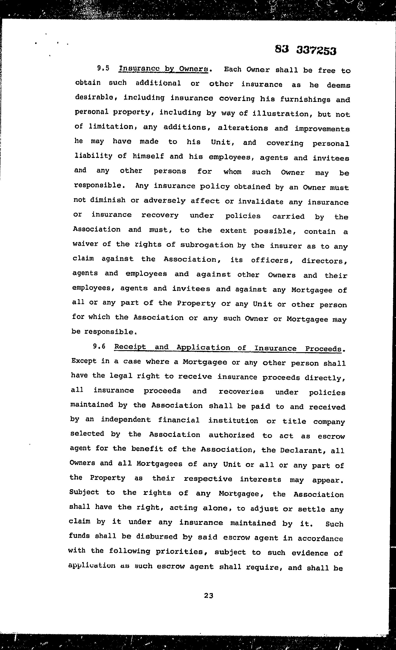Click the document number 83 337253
pos(305,50)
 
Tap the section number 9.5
pos(103,68)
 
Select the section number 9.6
pos(99,346)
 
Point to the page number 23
pos(209,596)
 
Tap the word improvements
pos(322,129)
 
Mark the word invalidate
pos(261,202)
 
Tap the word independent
pos(126,420)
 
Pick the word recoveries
pos(241,391)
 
